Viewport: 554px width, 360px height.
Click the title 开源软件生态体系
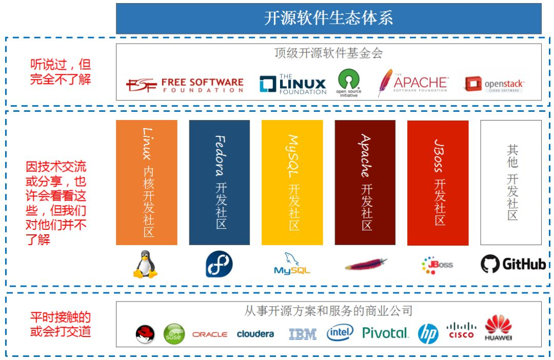coord(328,18)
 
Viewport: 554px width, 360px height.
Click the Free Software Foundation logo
coord(185,85)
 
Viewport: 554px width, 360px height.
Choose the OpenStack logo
coord(494,84)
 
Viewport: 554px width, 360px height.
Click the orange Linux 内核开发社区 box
coord(147,182)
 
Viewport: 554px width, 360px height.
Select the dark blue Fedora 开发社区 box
coord(220,182)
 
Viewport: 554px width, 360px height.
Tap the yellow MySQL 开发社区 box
coord(292,182)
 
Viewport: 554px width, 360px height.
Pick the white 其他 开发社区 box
coord(511,182)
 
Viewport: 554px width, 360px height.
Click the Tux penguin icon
coord(146,264)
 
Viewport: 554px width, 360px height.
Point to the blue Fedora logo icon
coord(219,265)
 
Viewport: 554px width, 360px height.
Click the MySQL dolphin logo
coord(292,264)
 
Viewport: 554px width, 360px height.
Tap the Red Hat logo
coord(145,334)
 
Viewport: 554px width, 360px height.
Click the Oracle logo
coord(210,334)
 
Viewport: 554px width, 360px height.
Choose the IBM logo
coord(303,334)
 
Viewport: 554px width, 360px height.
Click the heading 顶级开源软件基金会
coord(328,53)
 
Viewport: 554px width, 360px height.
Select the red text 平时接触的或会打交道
coord(61,324)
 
